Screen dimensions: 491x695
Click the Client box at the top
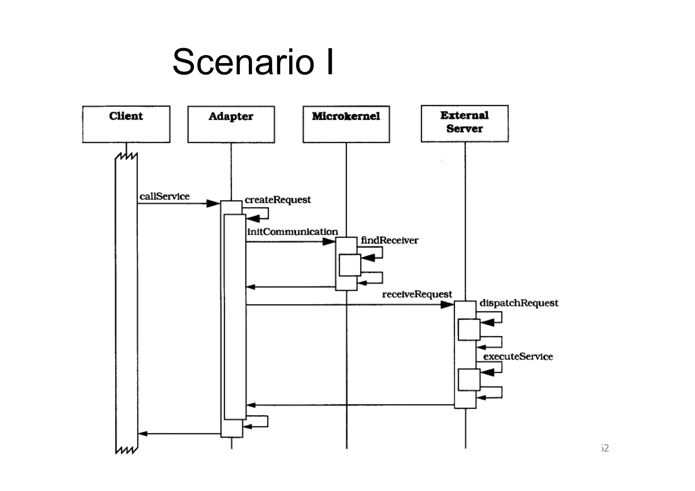pos(126,124)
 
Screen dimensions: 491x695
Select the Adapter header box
pos(231,124)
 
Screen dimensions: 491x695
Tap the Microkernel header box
pos(346,124)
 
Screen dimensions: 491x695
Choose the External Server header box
pos(465,124)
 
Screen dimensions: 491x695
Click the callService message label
pos(165,196)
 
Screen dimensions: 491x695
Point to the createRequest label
pos(278,200)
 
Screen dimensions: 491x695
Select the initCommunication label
pos(293,232)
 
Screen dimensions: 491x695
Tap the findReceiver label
pos(389,240)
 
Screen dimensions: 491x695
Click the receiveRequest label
pos(417,294)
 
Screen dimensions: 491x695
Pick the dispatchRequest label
pos(519,303)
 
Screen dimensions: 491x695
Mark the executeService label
pos(518,356)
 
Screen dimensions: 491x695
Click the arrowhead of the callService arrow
pos(213,204)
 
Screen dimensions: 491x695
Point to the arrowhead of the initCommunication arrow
pos(329,242)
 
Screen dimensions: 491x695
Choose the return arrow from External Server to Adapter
pos(350,405)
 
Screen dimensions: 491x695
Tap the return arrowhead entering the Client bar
pos(143,434)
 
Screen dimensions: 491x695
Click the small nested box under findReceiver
pos(350,265)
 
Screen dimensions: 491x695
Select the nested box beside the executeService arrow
pos(469,380)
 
